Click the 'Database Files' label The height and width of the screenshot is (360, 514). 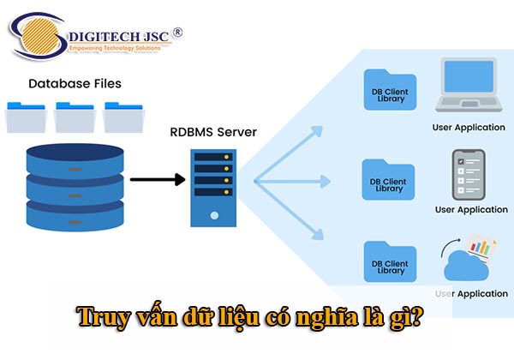[x=75, y=84]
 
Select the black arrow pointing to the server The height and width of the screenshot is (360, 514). [x=158, y=179]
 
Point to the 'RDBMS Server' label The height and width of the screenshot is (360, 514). [x=214, y=133]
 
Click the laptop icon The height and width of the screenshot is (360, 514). [x=467, y=86]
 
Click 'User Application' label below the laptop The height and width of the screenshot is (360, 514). [x=469, y=128]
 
